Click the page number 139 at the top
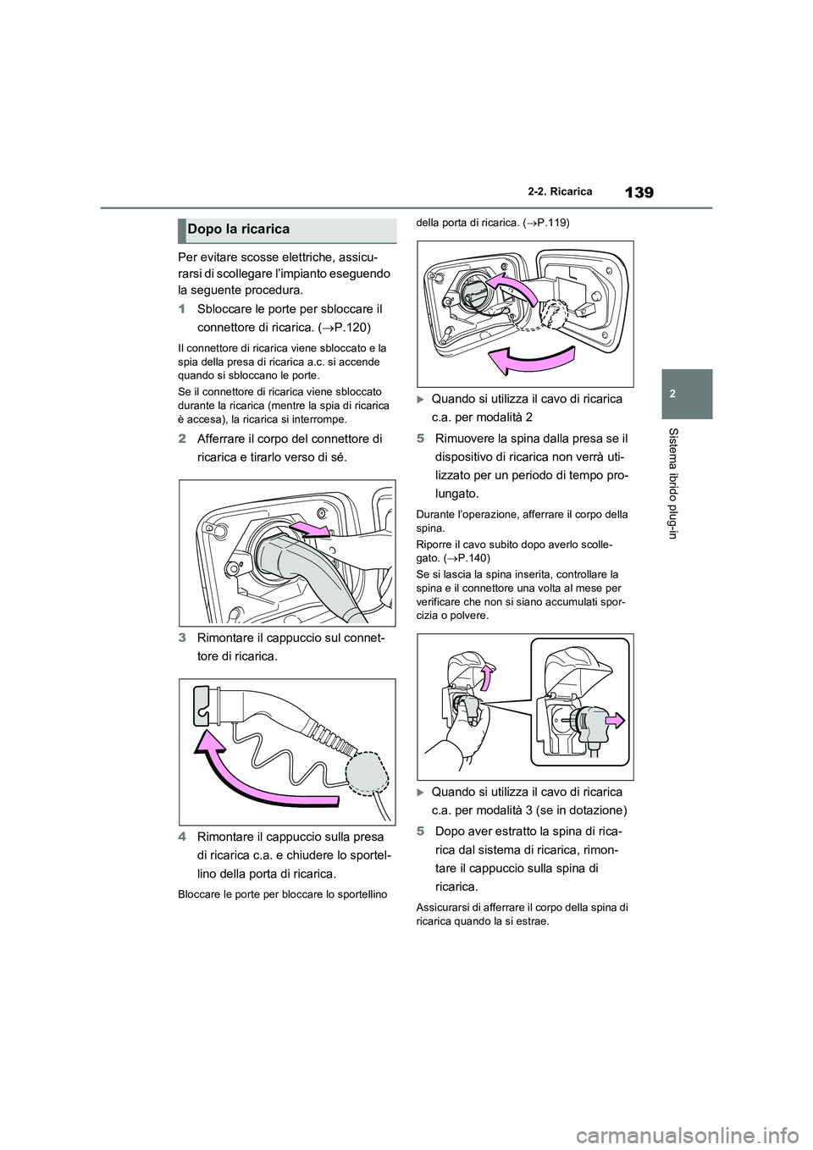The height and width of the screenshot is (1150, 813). (x=640, y=192)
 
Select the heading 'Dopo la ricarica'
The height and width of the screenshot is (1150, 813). (x=238, y=229)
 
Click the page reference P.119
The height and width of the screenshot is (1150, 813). (x=550, y=224)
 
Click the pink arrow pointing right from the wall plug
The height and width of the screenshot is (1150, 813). (x=613, y=721)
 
